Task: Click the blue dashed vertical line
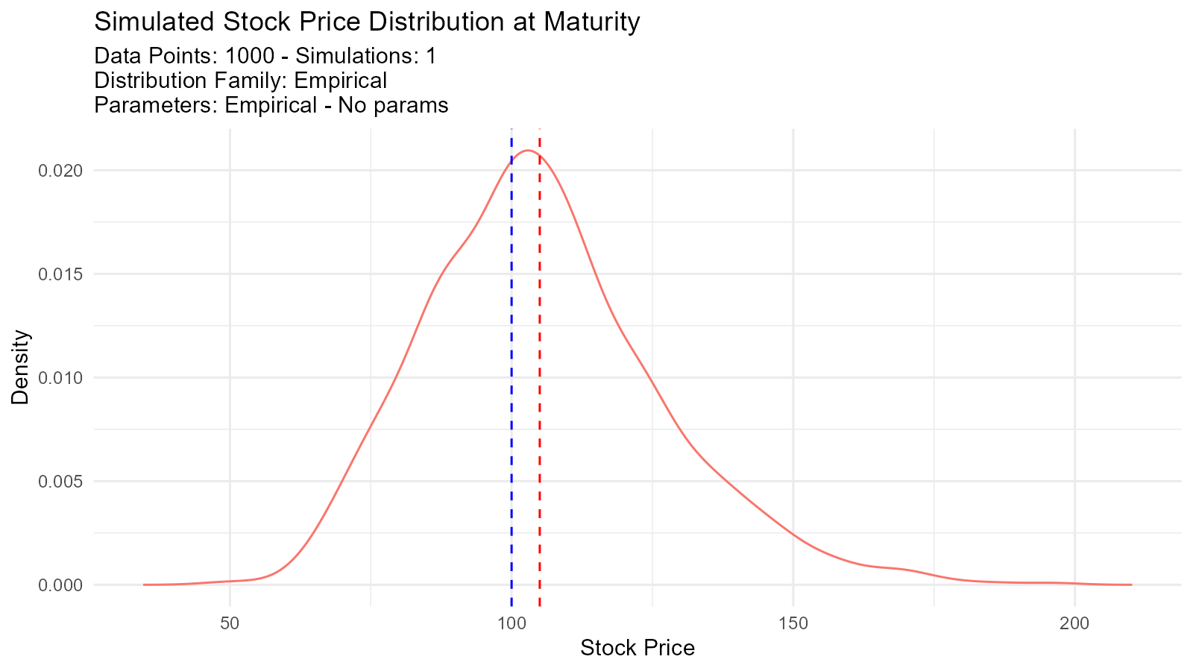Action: coord(511,373)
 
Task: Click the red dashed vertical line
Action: coord(539,373)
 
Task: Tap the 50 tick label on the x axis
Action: coord(230,623)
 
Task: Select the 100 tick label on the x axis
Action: coord(511,623)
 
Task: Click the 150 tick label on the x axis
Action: coord(793,623)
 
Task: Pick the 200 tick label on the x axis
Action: coord(1074,623)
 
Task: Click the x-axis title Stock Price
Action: coord(638,649)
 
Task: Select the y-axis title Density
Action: coord(20,368)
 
